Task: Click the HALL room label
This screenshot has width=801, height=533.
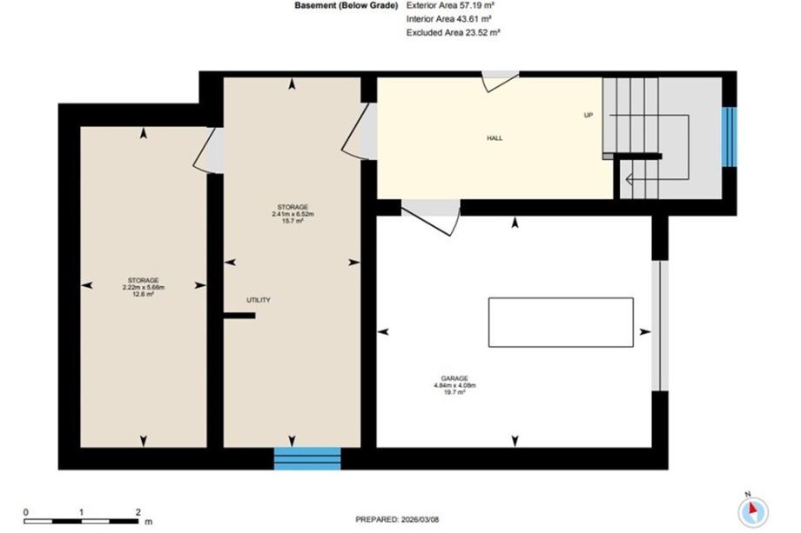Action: (495, 137)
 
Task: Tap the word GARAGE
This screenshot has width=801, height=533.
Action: (454, 378)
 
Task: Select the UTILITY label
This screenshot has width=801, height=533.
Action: (259, 300)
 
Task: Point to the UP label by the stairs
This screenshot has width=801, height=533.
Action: (589, 116)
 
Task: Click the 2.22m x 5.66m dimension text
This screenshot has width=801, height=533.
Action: (144, 287)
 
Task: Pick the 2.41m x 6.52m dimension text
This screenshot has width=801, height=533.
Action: (293, 214)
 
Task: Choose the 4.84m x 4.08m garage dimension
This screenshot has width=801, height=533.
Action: (454, 385)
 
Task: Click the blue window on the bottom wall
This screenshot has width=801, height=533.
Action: (307, 458)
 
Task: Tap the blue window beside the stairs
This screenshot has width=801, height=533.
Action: (729, 137)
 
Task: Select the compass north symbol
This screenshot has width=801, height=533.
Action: (753, 510)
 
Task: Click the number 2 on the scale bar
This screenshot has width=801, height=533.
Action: (138, 512)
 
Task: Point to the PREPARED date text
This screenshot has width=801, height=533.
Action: (397, 520)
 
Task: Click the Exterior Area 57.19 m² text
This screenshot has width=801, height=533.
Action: (449, 5)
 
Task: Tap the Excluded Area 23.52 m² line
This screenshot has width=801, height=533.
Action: (453, 32)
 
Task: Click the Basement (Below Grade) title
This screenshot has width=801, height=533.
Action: (346, 5)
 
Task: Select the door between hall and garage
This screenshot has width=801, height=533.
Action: (431, 217)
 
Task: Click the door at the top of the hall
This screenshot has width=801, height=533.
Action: (500, 82)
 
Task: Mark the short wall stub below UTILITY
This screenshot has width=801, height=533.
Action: (239, 316)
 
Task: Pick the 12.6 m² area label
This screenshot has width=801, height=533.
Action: (144, 294)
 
